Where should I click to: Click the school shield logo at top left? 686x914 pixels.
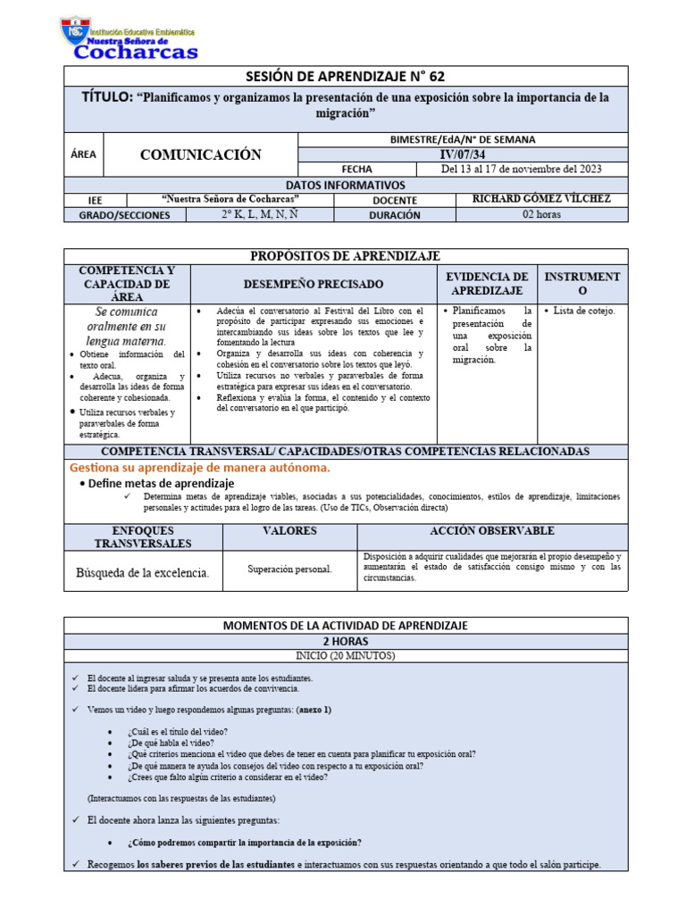[75, 33]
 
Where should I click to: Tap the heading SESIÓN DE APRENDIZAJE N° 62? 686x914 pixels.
[345, 76]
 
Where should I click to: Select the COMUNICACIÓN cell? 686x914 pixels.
[201, 154]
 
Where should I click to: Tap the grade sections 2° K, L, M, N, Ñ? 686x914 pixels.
[260, 215]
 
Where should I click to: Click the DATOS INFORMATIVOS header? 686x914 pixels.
[345, 185]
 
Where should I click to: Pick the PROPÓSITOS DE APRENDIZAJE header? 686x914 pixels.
[345, 256]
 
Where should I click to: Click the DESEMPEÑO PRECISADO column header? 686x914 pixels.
[314, 284]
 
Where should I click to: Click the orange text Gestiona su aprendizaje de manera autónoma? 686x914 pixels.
[200, 468]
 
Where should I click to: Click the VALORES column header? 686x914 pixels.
[289, 531]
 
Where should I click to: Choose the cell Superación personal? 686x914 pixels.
[289, 569]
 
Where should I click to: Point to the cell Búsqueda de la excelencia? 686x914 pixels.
[143, 573]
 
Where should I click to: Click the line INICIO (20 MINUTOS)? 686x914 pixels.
[345, 656]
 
